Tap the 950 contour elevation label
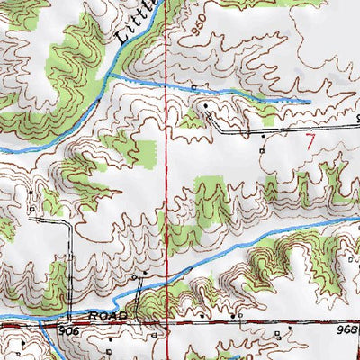tap(200, 32)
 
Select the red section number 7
tap(310, 140)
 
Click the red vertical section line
tap(166, 180)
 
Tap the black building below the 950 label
tap(206, 106)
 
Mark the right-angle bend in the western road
tap(69, 222)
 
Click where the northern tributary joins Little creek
tap(110, 79)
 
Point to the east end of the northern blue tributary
tap(309, 101)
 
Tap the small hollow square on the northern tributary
tap(193, 87)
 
